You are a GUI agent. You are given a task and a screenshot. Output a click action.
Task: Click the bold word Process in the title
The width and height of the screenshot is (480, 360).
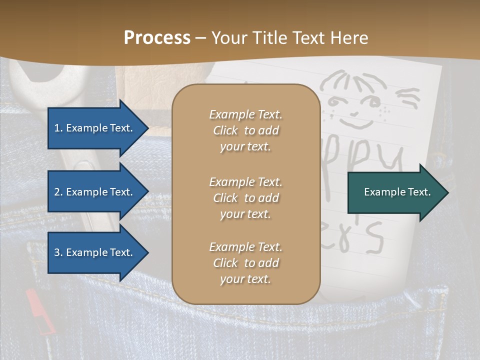click(x=157, y=38)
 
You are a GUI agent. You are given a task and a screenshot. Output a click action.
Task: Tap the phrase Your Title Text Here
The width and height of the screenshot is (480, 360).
click(x=289, y=38)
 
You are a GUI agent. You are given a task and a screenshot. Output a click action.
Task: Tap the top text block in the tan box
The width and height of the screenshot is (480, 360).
click(x=245, y=130)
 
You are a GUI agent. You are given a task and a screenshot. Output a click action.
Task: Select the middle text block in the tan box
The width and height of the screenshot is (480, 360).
click(x=245, y=198)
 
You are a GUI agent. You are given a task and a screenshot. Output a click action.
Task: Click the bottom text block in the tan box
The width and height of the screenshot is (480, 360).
click(x=245, y=263)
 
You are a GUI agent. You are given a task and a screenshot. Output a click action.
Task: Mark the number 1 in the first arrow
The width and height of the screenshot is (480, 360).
click(x=57, y=128)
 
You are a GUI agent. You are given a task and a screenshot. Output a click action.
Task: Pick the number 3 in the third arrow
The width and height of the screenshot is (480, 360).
click(x=57, y=252)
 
